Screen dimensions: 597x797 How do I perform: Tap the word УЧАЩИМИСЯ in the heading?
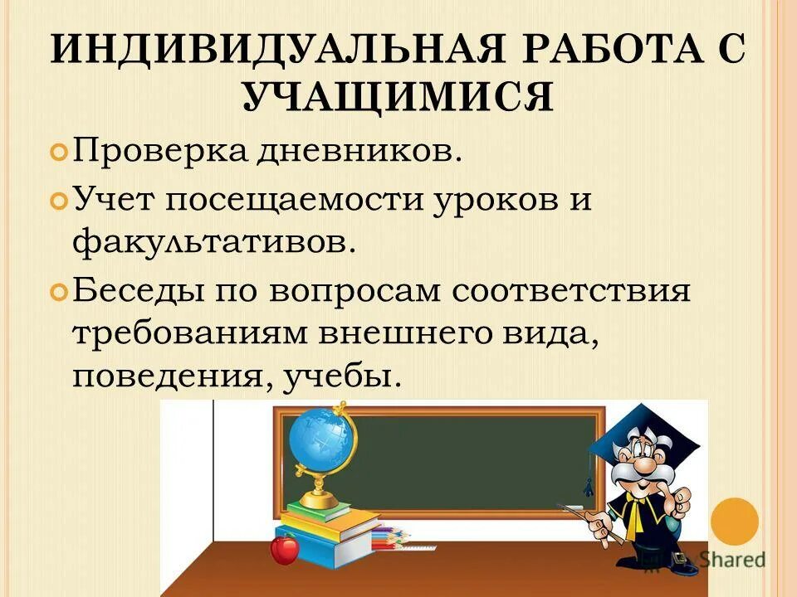pyautogui.click(x=398, y=99)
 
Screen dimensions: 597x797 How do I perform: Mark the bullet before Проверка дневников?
pyautogui.click(x=60, y=153)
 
